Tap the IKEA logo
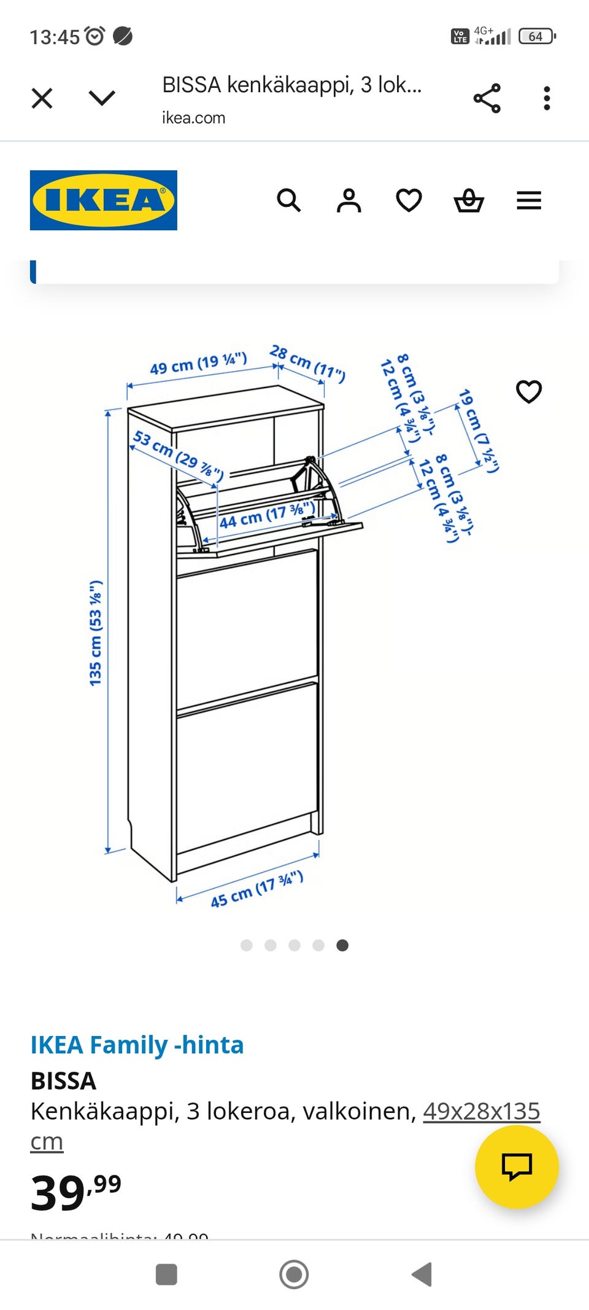(104, 200)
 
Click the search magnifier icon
(288, 200)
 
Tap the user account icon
(348, 200)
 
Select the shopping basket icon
(469, 200)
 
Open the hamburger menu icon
(529, 200)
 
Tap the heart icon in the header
(409, 200)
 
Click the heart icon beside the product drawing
(529, 391)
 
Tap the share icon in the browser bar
(487, 98)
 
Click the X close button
(42, 98)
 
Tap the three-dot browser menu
(547, 98)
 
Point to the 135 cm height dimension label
(96, 633)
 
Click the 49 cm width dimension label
(198, 364)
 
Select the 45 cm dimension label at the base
(256, 889)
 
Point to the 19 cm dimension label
(479, 431)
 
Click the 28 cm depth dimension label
(307, 363)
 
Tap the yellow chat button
(517, 1167)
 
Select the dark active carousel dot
(342, 945)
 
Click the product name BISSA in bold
(64, 1080)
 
